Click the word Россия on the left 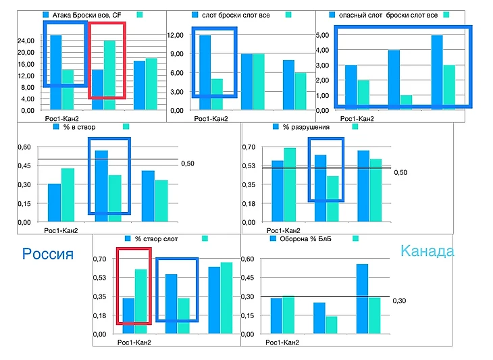[x=47, y=254]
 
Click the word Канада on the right [x=427, y=251]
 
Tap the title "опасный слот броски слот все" [x=384, y=14]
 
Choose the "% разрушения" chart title [x=306, y=126]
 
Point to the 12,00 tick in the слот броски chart [x=175, y=35]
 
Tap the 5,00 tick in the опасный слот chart [x=322, y=35]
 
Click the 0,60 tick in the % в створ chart [x=24, y=147]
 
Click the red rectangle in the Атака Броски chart [x=107, y=60]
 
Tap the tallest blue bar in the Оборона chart [x=362, y=299]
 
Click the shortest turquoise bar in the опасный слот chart [x=406, y=101]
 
